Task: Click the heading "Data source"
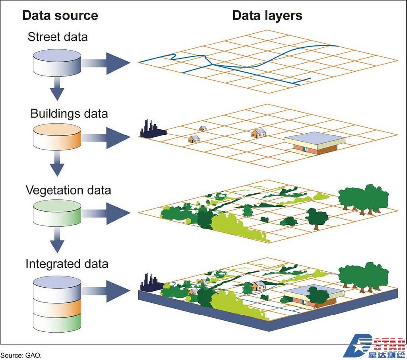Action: click(x=60, y=16)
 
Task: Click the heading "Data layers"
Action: click(x=267, y=16)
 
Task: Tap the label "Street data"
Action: click(x=58, y=37)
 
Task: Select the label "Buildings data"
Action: click(x=69, y=114)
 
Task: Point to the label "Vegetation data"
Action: click(x=68, y=190)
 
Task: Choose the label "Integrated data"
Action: click(x=67, y=264)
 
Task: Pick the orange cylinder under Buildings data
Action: click(x=56, y=136)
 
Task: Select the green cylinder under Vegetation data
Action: click(x=56, y=212)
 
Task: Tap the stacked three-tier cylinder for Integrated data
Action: click(x=56, y=305)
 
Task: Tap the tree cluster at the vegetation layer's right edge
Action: click(x=363, y=199)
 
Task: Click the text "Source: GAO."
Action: click(x=21, y=354)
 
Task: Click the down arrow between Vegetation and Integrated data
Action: click(x=57, y=241)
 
